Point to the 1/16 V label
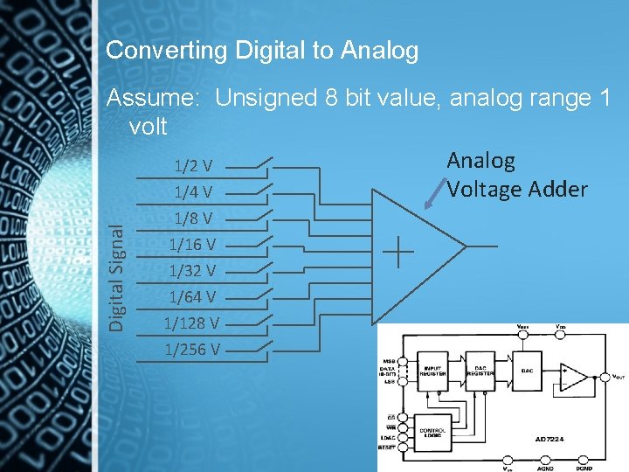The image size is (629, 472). [x=193, y=243]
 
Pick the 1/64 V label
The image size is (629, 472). [x=193, y=296]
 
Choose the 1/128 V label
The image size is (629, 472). [x=191, y=323]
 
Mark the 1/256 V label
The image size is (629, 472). [x=191, y=350]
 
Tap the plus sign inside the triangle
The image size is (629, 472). [x=398, y=252]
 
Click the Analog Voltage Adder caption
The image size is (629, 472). [x=516, y=175]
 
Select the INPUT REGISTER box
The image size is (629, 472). [x=434, y=371]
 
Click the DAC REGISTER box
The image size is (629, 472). [x=480, y=371]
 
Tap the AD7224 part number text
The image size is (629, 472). [x=553, y=438]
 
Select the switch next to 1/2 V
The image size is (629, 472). [x=259, y=163]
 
